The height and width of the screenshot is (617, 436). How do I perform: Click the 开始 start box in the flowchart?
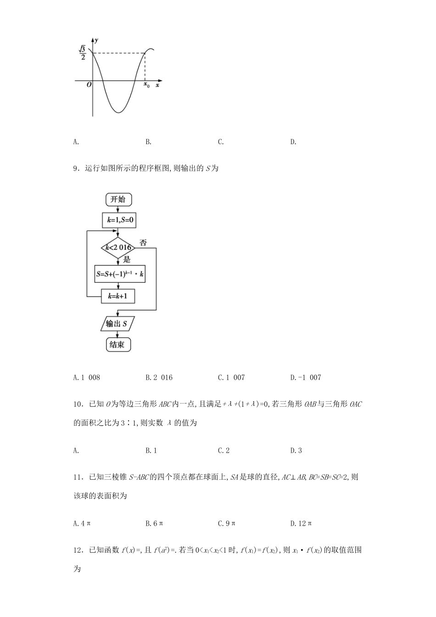(x=118, y=199)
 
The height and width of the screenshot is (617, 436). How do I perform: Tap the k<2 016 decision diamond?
(x=118, y=248)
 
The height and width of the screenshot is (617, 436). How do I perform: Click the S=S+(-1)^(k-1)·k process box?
(x=120, y=275)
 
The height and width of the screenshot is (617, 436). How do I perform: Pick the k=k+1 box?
(x=118, y=296)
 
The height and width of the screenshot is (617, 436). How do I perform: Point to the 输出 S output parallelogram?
(x=117, y=324)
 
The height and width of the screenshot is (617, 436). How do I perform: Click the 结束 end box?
(x=117, y=344)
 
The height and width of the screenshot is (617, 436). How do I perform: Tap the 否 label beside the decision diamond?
(x=143, y=242)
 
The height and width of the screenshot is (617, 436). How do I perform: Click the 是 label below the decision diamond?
(x=127, y=260)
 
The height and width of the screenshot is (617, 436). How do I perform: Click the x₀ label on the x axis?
(x=146, y=85)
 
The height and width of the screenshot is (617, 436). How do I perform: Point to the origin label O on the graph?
(x=89, y=85)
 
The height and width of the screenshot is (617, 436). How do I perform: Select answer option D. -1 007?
(x=306, y=377)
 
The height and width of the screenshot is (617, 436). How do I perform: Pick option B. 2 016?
(x=159, y=377)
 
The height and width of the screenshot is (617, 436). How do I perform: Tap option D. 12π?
(x=301, y=523)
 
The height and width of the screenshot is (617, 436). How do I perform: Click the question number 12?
(x=78, y=550)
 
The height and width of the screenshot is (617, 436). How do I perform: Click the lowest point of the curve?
(x=119, y=112)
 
